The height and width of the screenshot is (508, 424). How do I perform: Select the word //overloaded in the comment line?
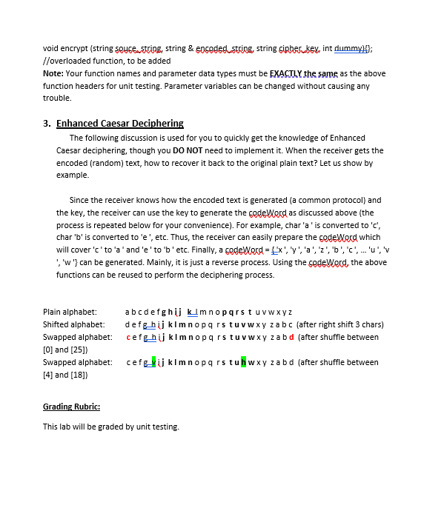coord(67,61)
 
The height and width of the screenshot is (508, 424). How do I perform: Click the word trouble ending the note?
coord(56,98)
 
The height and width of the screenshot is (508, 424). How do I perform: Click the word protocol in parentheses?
coord(349,200)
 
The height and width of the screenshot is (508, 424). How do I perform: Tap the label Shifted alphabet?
coord(73,324)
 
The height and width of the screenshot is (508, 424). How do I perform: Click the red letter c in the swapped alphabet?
coord(130,337)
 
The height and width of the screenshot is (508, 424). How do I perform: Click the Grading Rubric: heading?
coord(71,407)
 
